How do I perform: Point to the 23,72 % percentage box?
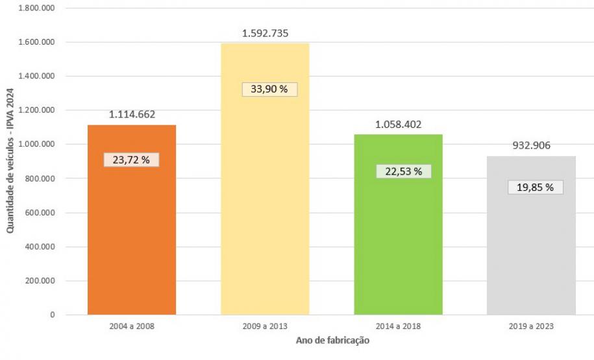(131, 160)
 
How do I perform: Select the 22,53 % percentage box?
(403, 171)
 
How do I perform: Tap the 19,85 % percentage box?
(535, 187)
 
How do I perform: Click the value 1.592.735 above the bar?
(265, 33)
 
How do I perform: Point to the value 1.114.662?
(132, 114)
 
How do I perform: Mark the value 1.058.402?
(399, 123)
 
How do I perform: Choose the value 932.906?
(531, 145)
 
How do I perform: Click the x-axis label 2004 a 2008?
(132, 326)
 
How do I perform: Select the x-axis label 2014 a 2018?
(398, 326)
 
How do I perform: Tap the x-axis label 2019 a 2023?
(531, 326)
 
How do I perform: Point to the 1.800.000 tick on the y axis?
(36, 8)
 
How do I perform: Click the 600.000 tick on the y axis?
(40, 213)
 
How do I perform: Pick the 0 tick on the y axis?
(52, 315)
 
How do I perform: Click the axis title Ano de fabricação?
(332, 340)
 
